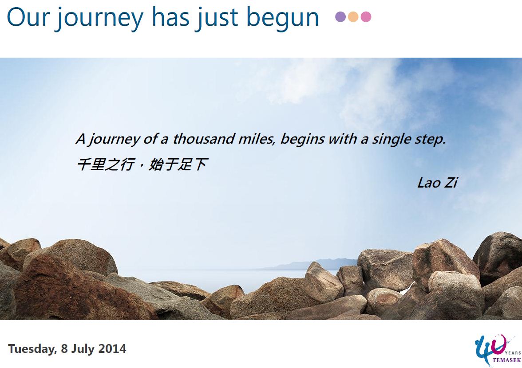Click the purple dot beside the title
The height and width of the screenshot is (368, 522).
(x=340, y=16)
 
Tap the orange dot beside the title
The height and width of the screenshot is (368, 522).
(x=353, y=16)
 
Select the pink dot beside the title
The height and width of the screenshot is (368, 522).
(x=366, y=16)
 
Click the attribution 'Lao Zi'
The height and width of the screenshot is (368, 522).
(x=438, y=183)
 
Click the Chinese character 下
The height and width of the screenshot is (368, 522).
(x=201, y=164)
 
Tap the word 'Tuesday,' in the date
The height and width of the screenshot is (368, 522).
(x=32, y=349)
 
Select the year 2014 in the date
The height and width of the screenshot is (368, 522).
(x=113, y=349)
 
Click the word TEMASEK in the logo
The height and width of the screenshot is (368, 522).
(x=506, y=360)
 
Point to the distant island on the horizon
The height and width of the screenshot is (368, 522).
(x=311, y=264)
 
